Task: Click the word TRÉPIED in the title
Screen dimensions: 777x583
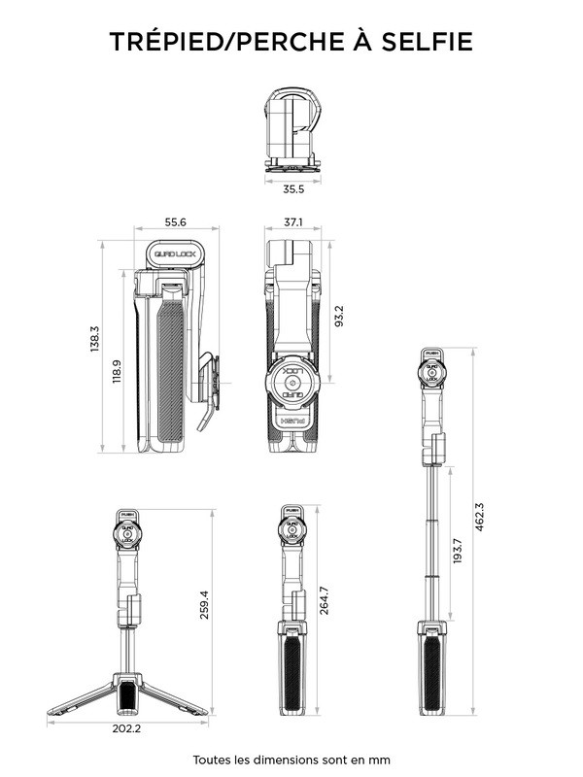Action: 174,42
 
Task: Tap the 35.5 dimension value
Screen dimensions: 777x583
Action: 292,188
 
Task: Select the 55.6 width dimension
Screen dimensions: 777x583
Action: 176,222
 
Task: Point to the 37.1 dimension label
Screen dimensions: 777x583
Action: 292,222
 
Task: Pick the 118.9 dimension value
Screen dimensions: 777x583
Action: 118,372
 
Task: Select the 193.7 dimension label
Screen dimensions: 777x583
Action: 457,555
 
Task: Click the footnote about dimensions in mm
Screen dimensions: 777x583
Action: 291,759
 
